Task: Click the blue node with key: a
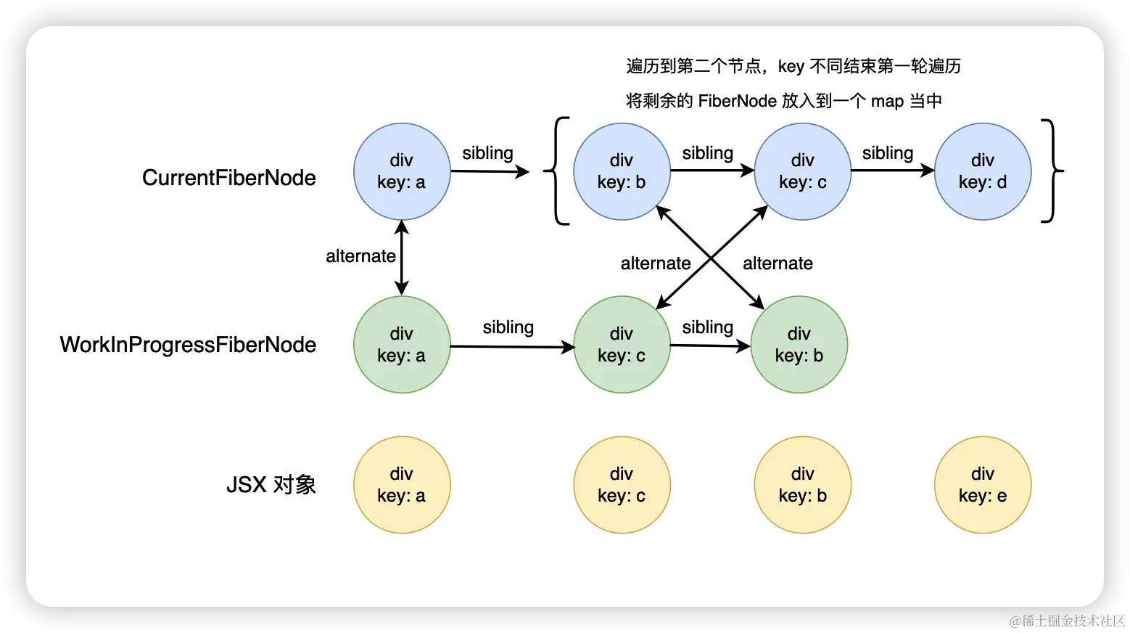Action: [x=402, y=171]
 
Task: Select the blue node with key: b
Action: [x=622, y=171]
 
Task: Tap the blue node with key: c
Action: [x=803, y=171]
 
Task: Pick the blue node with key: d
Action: [x=983, y=171]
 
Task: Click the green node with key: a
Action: [x=402, y=345]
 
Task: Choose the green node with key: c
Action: [x=622, y=345]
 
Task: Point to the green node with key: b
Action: [x=799, y=345]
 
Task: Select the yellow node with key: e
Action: [x=983, y=485]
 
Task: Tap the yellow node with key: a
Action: [x=402, y=485]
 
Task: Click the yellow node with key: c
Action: [x=622, y=485]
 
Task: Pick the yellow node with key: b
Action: [x=803, y=485]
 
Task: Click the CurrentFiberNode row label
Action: [x=229, y=178]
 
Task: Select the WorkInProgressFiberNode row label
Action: [x=188, y=345]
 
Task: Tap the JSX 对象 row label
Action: [x=271, y=485]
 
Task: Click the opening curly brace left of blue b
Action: [x=556, y=171]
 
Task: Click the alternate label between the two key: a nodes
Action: [x=360, y=256]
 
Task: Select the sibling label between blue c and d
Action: [x=887, y=153]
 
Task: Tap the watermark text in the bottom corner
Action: [x=1065, y=619]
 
